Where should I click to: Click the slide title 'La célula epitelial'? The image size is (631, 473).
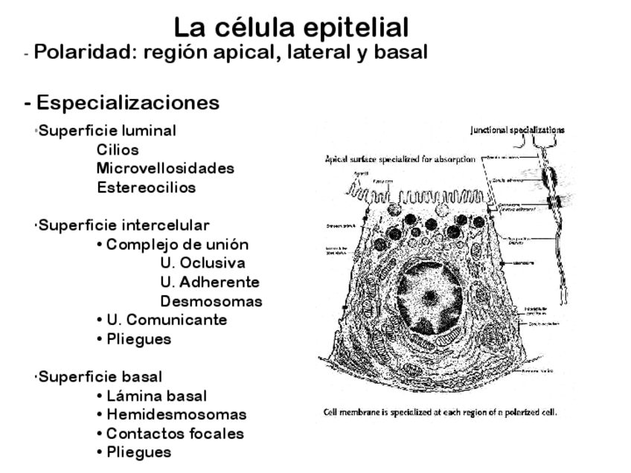(291, 28)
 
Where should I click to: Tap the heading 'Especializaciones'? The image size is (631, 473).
(127, 102)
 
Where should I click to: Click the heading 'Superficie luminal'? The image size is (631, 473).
(107, 131)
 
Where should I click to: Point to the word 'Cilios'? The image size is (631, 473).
(118, 149)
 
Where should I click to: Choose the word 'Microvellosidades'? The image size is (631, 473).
(165, 168)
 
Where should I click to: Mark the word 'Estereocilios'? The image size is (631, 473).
(146, 187)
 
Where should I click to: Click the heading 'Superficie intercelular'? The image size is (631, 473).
(124, 225)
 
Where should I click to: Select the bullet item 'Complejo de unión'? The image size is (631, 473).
(177, 244)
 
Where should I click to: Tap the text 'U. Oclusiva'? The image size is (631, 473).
(202, 263)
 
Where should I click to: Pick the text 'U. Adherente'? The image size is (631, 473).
(210, 282)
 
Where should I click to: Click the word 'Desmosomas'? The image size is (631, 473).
(211, 301)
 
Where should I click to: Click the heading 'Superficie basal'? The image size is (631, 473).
(100, 376)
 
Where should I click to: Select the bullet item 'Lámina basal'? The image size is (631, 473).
(156, 396)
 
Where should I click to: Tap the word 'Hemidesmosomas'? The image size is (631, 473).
(176, 414)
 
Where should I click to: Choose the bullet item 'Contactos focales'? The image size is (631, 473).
(175, 433)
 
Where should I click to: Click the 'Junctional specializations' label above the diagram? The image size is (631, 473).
(517, 130)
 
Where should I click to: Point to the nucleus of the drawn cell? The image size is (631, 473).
(430, 297)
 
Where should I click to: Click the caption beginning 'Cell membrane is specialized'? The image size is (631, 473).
(440, 412)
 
